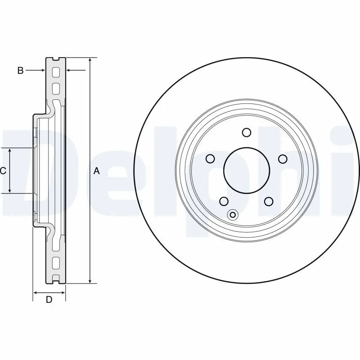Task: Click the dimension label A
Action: click(96, 171)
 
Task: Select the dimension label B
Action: click(20, 70)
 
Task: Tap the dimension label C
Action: click(3, 171)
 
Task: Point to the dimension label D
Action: click(49, 300)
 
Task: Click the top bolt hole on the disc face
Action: click(246, 132)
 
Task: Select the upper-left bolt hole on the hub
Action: click(210, 158)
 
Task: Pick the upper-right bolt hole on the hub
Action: click(283, 158)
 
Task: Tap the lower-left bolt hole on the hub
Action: click(224, 201)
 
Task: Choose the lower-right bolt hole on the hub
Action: click(269, 201)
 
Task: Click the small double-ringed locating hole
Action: click(233, 215)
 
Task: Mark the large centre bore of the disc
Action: click(246, 171)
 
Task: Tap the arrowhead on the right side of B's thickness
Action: click(69, 70)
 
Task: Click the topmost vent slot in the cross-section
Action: click(56, 72)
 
